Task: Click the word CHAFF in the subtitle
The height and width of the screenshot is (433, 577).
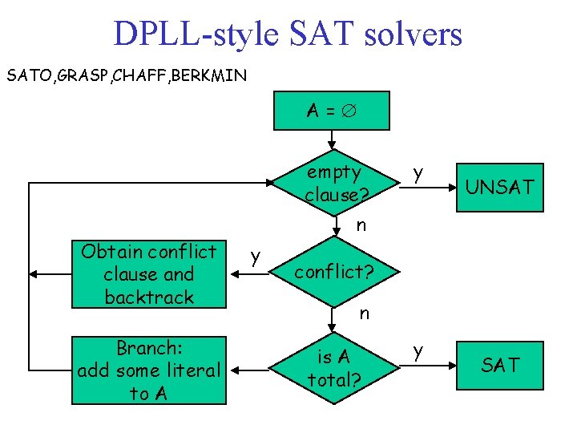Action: (144, 77)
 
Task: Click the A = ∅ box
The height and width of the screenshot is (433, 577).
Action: (332, 111)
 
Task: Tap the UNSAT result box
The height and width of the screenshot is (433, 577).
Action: (499, 188)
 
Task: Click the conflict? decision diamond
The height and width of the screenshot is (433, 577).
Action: (333, 272)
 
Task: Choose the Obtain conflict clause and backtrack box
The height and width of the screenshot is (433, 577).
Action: (149, 274)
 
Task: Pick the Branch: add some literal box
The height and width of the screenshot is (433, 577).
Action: (149, 370)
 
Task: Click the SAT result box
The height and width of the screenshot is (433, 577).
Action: (499, 366)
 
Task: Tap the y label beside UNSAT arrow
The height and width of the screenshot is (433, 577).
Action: (416, 172)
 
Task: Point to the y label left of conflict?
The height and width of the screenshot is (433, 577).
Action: (255, 257)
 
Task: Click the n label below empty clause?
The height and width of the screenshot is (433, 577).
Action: (361, 225)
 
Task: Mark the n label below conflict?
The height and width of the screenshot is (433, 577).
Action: (364, 314)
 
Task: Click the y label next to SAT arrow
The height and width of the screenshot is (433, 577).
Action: (416, 350)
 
